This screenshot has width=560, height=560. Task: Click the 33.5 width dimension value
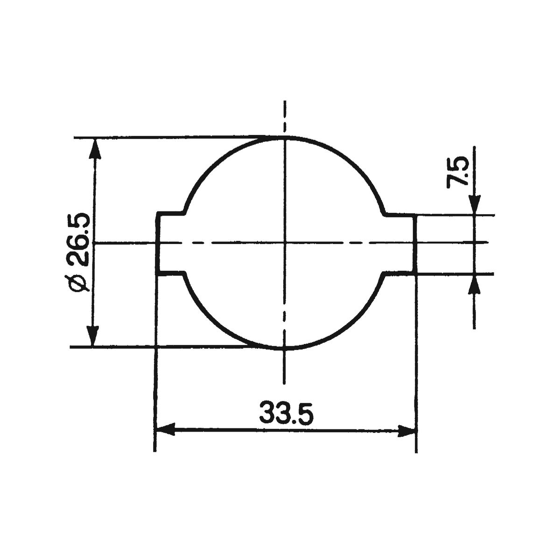[286, 413]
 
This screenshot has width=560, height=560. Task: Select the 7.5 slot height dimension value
[458, 172]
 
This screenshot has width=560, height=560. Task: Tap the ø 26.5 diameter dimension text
[78, 252]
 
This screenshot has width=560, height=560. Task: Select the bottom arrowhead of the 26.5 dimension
[93, 336]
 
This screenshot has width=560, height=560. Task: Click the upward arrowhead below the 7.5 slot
[474, 284]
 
